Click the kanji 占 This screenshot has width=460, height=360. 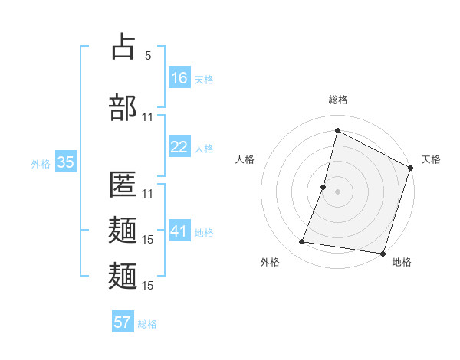tap(123, 47)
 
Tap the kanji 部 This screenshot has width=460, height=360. tap(123, 107)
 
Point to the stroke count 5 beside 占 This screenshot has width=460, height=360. tap(148, 55)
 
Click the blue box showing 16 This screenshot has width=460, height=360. tap(179, 77)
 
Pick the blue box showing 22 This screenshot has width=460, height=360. tap(179, 147)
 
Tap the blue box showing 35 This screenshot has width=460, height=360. tap(65, 162)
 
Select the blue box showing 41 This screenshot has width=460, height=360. tap(179, 231)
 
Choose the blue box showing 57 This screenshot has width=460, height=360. tap(123, 322)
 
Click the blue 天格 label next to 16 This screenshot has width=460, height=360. tap(204, 79)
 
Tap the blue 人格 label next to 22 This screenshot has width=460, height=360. tap(204, 149)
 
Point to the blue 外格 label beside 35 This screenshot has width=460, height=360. tap(41, 164)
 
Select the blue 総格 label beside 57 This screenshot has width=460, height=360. tap(147, 324)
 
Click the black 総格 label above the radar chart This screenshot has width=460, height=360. tap(337, 100)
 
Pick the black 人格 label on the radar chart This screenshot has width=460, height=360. tap(245, 159)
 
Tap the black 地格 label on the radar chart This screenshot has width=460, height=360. tap(402, 262)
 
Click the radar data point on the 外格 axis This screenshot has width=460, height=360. tap(302, 242)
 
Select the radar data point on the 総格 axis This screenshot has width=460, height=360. tap(337, 130)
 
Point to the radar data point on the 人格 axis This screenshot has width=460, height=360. tap(324, 187)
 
